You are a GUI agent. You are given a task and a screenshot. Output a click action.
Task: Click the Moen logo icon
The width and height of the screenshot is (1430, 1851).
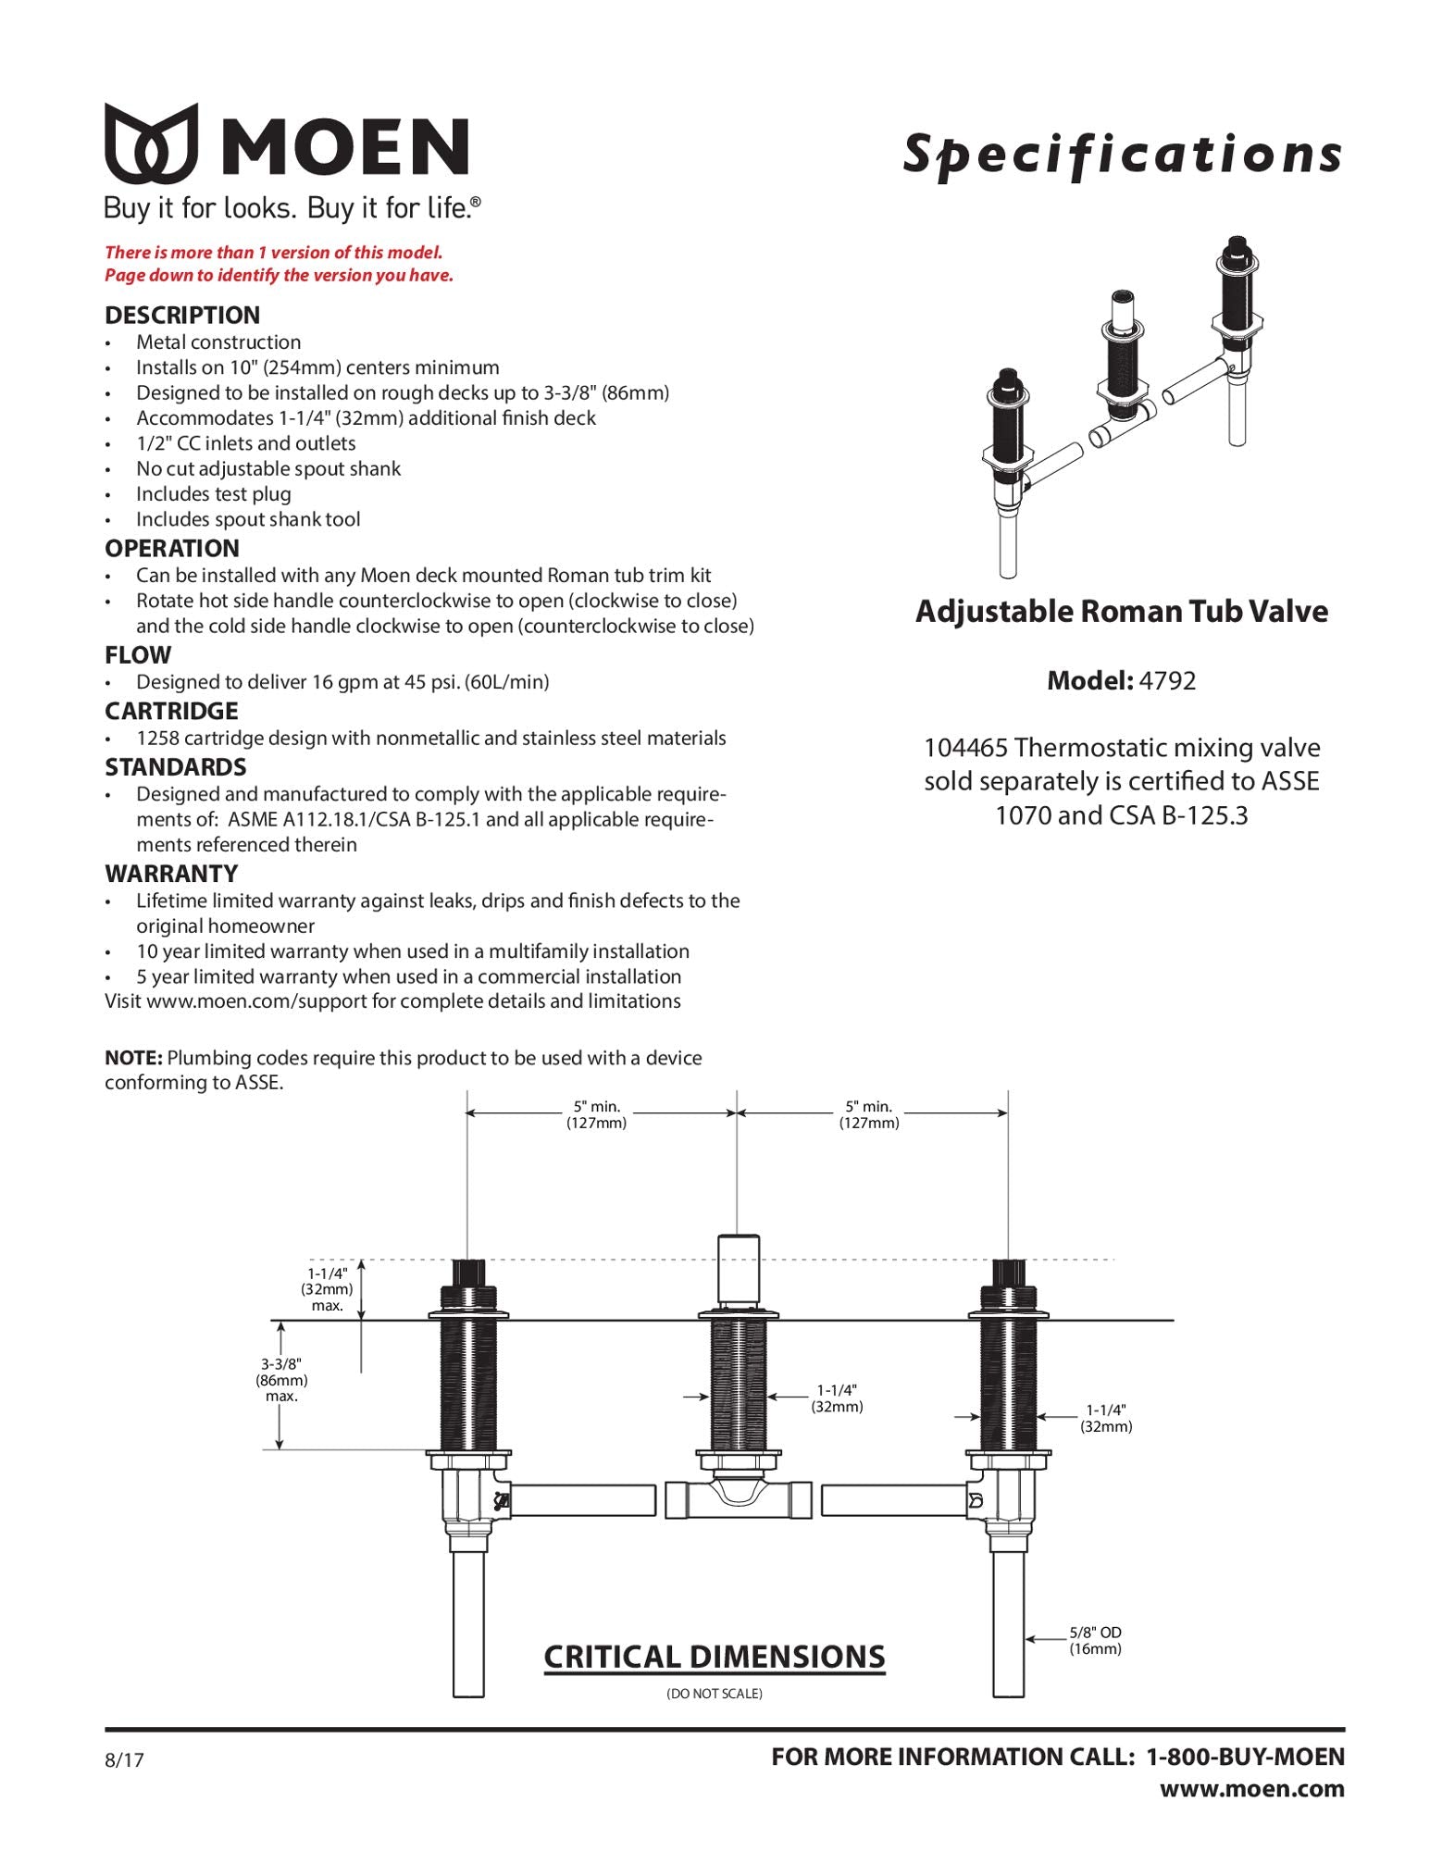click(151, 143)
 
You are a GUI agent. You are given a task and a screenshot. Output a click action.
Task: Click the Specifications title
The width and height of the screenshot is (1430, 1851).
click(1122, 154)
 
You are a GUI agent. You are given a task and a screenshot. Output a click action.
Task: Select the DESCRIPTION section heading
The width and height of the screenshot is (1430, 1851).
click(182, 315)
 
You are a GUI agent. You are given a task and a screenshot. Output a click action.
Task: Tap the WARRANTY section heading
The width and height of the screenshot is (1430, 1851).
click(171, 873)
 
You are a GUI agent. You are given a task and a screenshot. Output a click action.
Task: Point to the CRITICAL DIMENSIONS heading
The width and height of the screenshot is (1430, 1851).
click(714, 1656)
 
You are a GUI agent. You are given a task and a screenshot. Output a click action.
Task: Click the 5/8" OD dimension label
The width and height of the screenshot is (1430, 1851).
click(1095, 1640)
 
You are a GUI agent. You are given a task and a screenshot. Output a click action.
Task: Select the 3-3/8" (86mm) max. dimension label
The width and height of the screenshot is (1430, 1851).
click(281, 1380)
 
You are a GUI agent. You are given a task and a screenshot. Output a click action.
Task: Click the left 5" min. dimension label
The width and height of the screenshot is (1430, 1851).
click(596, 1114)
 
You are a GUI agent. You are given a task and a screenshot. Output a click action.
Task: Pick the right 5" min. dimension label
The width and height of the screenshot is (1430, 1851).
click(868, 1114)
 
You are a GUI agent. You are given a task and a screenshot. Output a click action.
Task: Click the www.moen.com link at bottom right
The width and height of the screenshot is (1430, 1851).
click(1251, 1788)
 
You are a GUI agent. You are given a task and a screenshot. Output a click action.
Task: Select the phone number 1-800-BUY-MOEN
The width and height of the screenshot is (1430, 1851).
click(1245, 1757)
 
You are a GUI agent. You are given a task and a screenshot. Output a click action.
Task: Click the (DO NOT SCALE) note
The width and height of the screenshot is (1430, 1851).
click(714, 1694)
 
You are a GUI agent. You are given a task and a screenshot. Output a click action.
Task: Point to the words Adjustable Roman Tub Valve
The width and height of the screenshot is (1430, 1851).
click(1121, 612)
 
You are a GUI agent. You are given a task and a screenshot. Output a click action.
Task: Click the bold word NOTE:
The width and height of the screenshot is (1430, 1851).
click(133, 1058)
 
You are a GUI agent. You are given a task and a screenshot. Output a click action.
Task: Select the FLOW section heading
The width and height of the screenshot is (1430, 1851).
click(138, 655)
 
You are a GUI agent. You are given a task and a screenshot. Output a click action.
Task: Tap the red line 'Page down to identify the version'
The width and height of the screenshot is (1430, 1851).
click(279, 275)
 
